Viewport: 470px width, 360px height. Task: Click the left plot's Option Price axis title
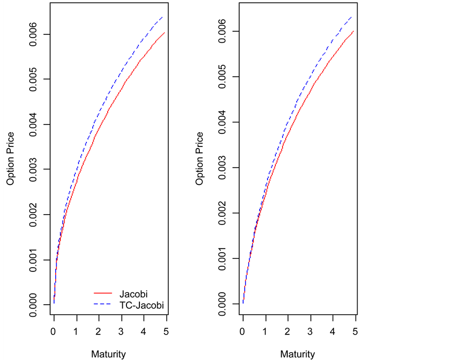pos(10,159)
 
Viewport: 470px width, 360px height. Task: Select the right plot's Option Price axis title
pos(199,159)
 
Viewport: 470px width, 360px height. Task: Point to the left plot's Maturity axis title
pos(108,354)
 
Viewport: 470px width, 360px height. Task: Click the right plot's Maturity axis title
pos(298,354)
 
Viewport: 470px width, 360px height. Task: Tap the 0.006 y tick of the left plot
pos(33,34)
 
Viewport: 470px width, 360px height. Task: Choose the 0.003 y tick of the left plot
pos(33,169)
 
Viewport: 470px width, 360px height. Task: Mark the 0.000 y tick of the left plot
pos(33,304)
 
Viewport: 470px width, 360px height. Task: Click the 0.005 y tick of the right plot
pos(222,77)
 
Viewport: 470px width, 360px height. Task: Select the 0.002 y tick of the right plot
pos(222,213)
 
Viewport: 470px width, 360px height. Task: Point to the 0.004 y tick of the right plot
pos(222,122)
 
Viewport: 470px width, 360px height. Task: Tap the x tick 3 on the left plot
pos(121,332)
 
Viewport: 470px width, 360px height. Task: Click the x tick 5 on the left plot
pos(166,332)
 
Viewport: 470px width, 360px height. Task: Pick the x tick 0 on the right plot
pos(243,332)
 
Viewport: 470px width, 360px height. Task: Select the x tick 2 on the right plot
pos(287,332)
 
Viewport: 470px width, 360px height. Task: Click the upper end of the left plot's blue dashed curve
pos(163,17)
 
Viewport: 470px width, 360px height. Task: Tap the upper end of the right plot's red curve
pos(353,31)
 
